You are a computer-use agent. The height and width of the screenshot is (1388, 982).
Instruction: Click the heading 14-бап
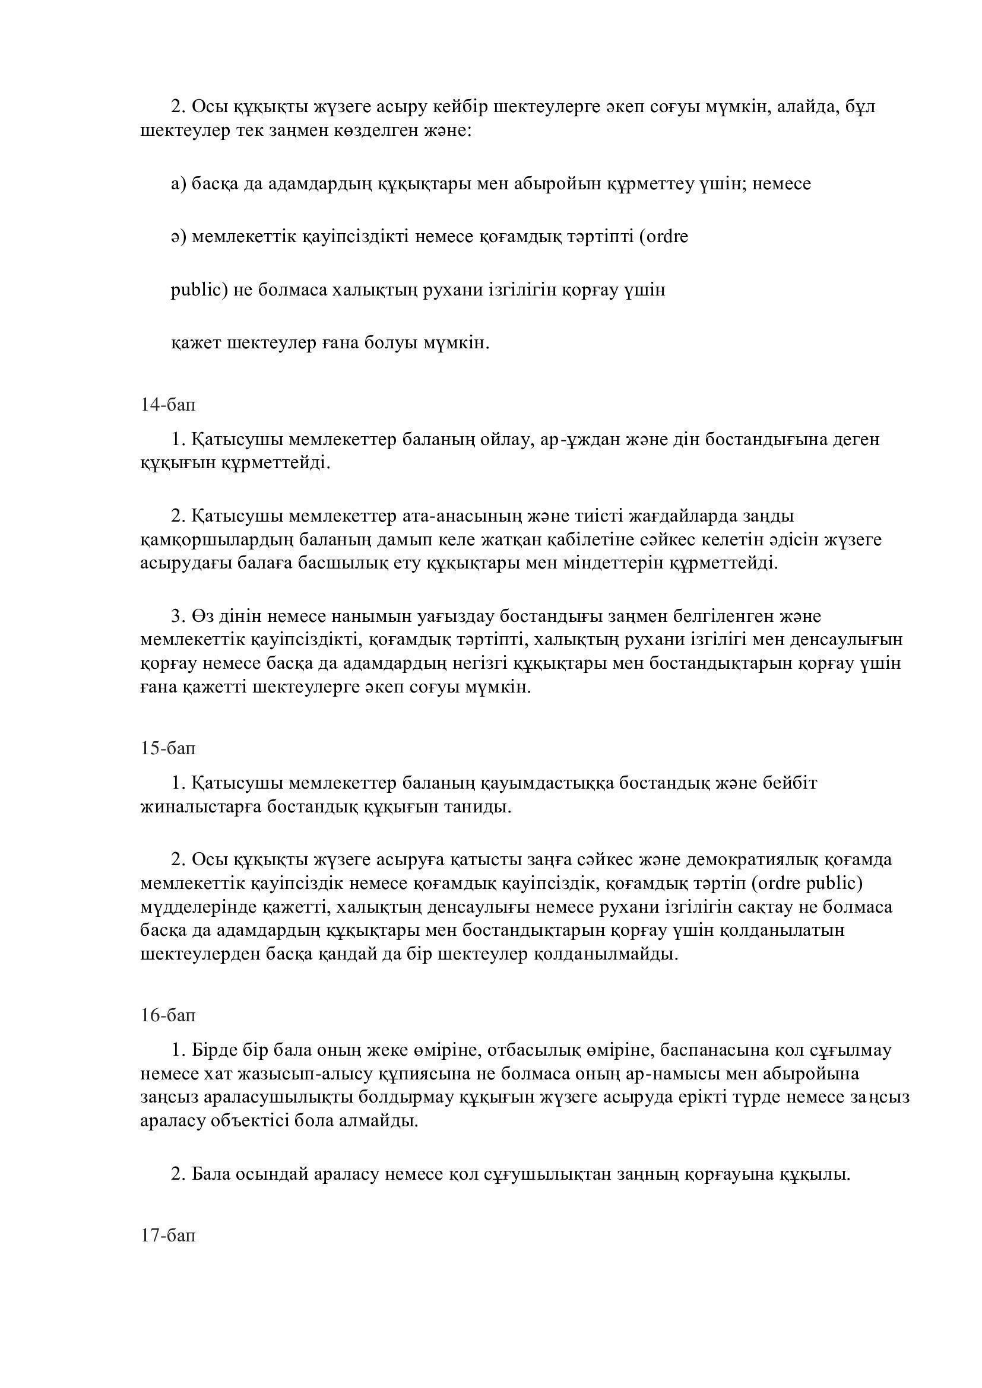(168, 405)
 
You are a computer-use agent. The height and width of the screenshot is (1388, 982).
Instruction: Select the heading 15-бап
(168, 748)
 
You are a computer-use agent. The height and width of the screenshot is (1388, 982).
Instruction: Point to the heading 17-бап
(168, 1235)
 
